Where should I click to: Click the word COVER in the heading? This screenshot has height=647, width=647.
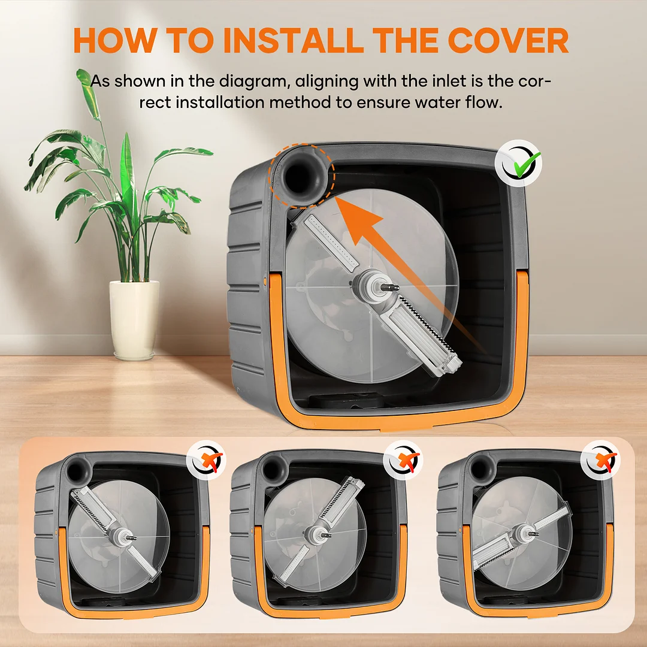pos(508,41)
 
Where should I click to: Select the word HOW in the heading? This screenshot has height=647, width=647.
pos(115,41)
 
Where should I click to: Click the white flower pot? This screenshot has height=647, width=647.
pos(134,319)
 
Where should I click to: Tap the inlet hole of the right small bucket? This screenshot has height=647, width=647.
pos(479,468)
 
